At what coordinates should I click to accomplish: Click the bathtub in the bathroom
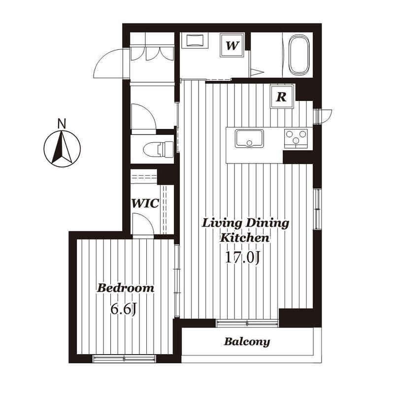tap(299, 55)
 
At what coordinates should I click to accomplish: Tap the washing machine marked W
tap(232, 45)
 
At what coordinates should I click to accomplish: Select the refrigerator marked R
tap(282, 97)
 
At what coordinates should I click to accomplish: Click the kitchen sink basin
tap(249, 138)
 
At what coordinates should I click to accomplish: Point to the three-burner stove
tap(296, 138)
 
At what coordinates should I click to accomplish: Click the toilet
tap(158, 149)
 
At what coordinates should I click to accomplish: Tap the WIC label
tap(145, 203)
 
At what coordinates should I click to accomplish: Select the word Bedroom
tap(126, 288)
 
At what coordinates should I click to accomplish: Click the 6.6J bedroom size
tap(124, 310)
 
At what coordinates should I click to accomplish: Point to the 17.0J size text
tap(242, 258)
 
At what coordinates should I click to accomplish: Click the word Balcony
tap(247, 342)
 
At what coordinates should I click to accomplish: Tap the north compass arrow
tap(62, 148)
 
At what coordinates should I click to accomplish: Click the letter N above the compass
tap(62, 124)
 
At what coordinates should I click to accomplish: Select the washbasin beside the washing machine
tap(195, 40)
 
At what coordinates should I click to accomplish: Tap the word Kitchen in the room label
tap(244, 237)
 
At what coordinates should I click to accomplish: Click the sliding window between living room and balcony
tap(247, 323)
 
